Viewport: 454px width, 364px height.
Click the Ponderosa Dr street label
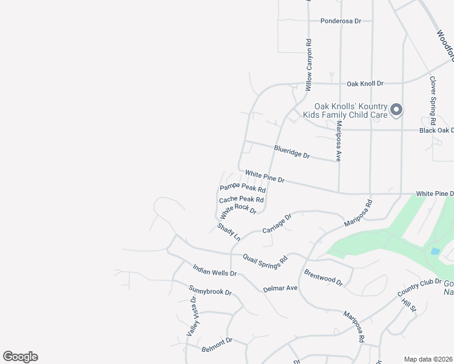click(340, 21)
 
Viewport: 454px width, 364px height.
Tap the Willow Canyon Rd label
click(308, 61)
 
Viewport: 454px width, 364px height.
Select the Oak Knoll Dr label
click(365, 83)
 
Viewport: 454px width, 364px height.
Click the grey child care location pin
click(396, 110)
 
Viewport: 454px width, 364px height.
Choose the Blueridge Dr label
click(291, 152)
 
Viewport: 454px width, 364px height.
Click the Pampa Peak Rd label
click(243, 189)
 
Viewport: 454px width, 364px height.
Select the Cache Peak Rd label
click(241, 199)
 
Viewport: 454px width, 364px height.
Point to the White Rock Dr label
click(239, 211)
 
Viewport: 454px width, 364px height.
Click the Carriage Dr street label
click(277, 223)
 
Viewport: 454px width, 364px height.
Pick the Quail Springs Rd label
click(265, 261)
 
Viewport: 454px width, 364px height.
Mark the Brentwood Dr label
click(324, 278)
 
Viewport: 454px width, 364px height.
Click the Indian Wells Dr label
click(214, 270)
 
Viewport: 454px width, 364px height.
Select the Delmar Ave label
click(280, 288)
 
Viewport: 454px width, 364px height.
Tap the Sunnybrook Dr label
click(210, 291)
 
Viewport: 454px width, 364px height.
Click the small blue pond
click(435, 251)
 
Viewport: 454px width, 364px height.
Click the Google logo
click(20, 357)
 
